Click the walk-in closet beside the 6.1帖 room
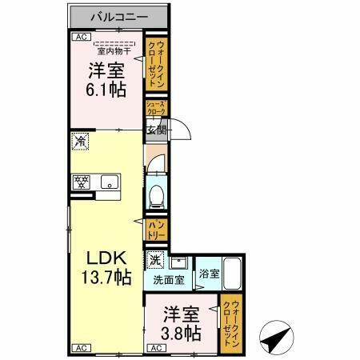[x=155, y=64]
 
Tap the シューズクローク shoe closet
[x=155, y=109]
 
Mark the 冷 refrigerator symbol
[x=80, y=142]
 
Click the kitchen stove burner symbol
[x=82, y=182]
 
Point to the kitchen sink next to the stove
[x=107, y=182]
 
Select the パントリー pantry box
[x=155, y=230]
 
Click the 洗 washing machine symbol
[x=155, y=259]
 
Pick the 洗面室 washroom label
[x=168, y=280]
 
